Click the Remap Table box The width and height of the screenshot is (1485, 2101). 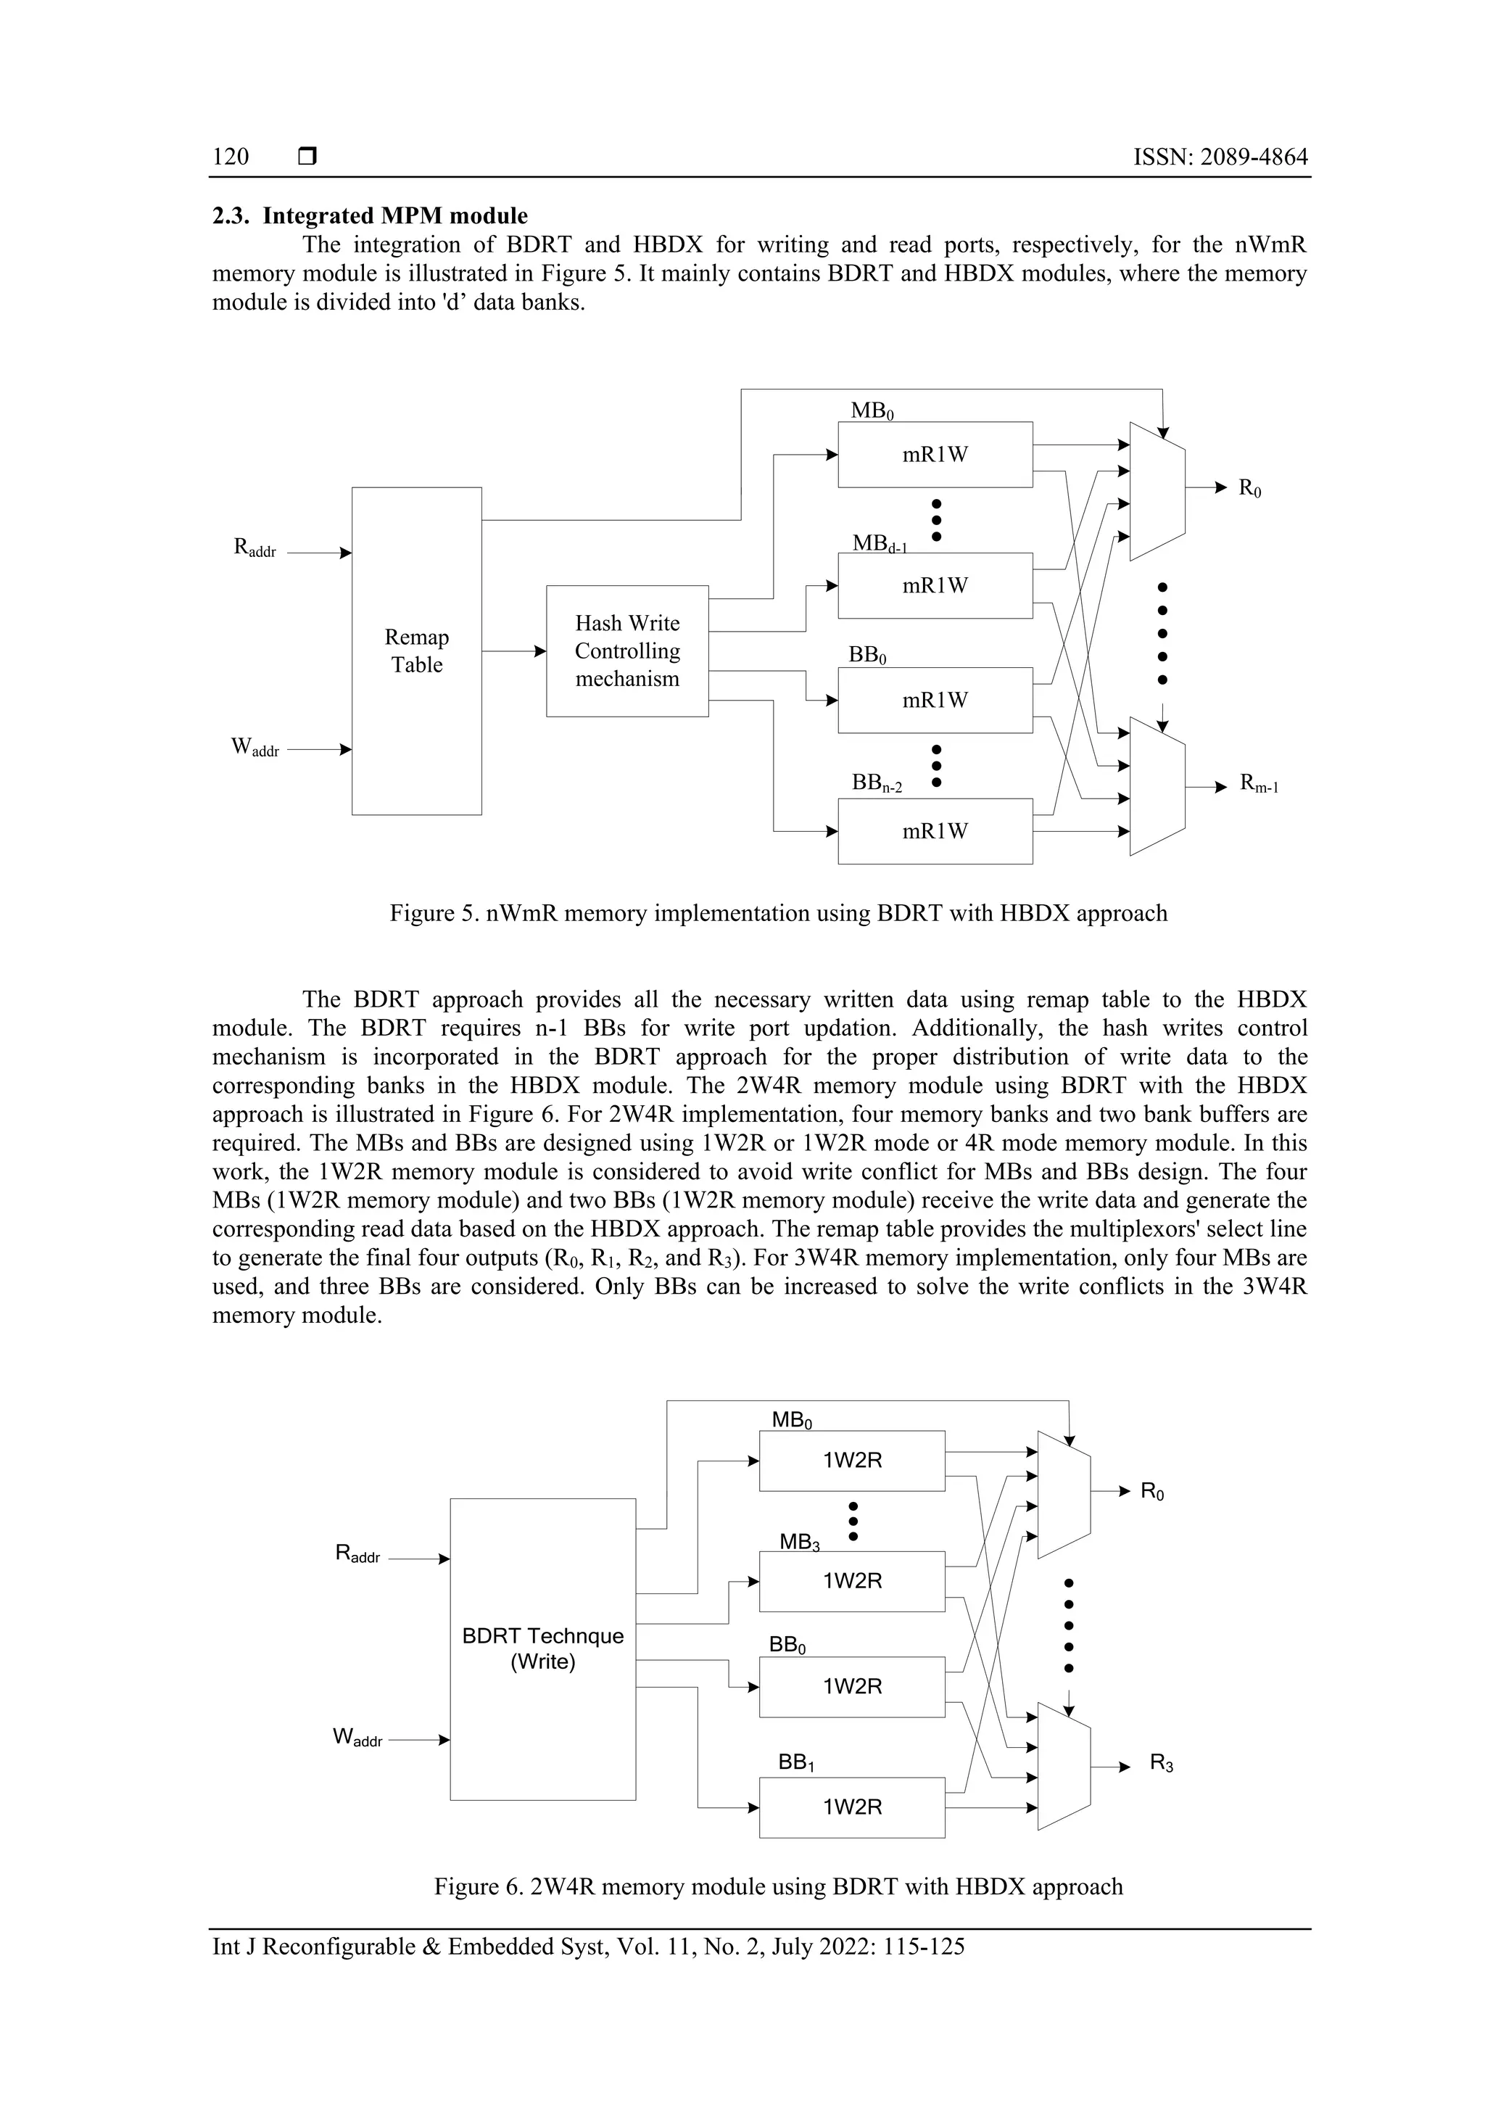tap(416, 651)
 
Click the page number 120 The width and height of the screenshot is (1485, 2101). tap(231, 157)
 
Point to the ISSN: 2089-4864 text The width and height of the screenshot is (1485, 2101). tap(1220, 157)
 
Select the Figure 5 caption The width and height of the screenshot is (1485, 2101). tap(778, 913)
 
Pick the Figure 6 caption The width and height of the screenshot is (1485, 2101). tap(778, 1887)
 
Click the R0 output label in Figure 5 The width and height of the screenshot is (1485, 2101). tap(1250, 489)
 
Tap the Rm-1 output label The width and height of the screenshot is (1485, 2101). tap(1259, 783)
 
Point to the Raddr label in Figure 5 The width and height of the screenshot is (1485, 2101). tap(255, 549)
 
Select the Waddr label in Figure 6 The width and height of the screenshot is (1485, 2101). tap(357, 1737)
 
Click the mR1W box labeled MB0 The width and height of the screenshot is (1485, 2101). tap(935, 455)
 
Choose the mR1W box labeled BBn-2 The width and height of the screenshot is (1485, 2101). tap(935, 831)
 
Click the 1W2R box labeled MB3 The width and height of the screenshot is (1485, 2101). tap(852, 1581)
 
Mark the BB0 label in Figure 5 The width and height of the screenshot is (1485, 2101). tap(867, 655)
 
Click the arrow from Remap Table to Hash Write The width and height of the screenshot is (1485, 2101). tap(513, 651)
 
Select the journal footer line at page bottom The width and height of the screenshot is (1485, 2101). tap(588, 1947)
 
